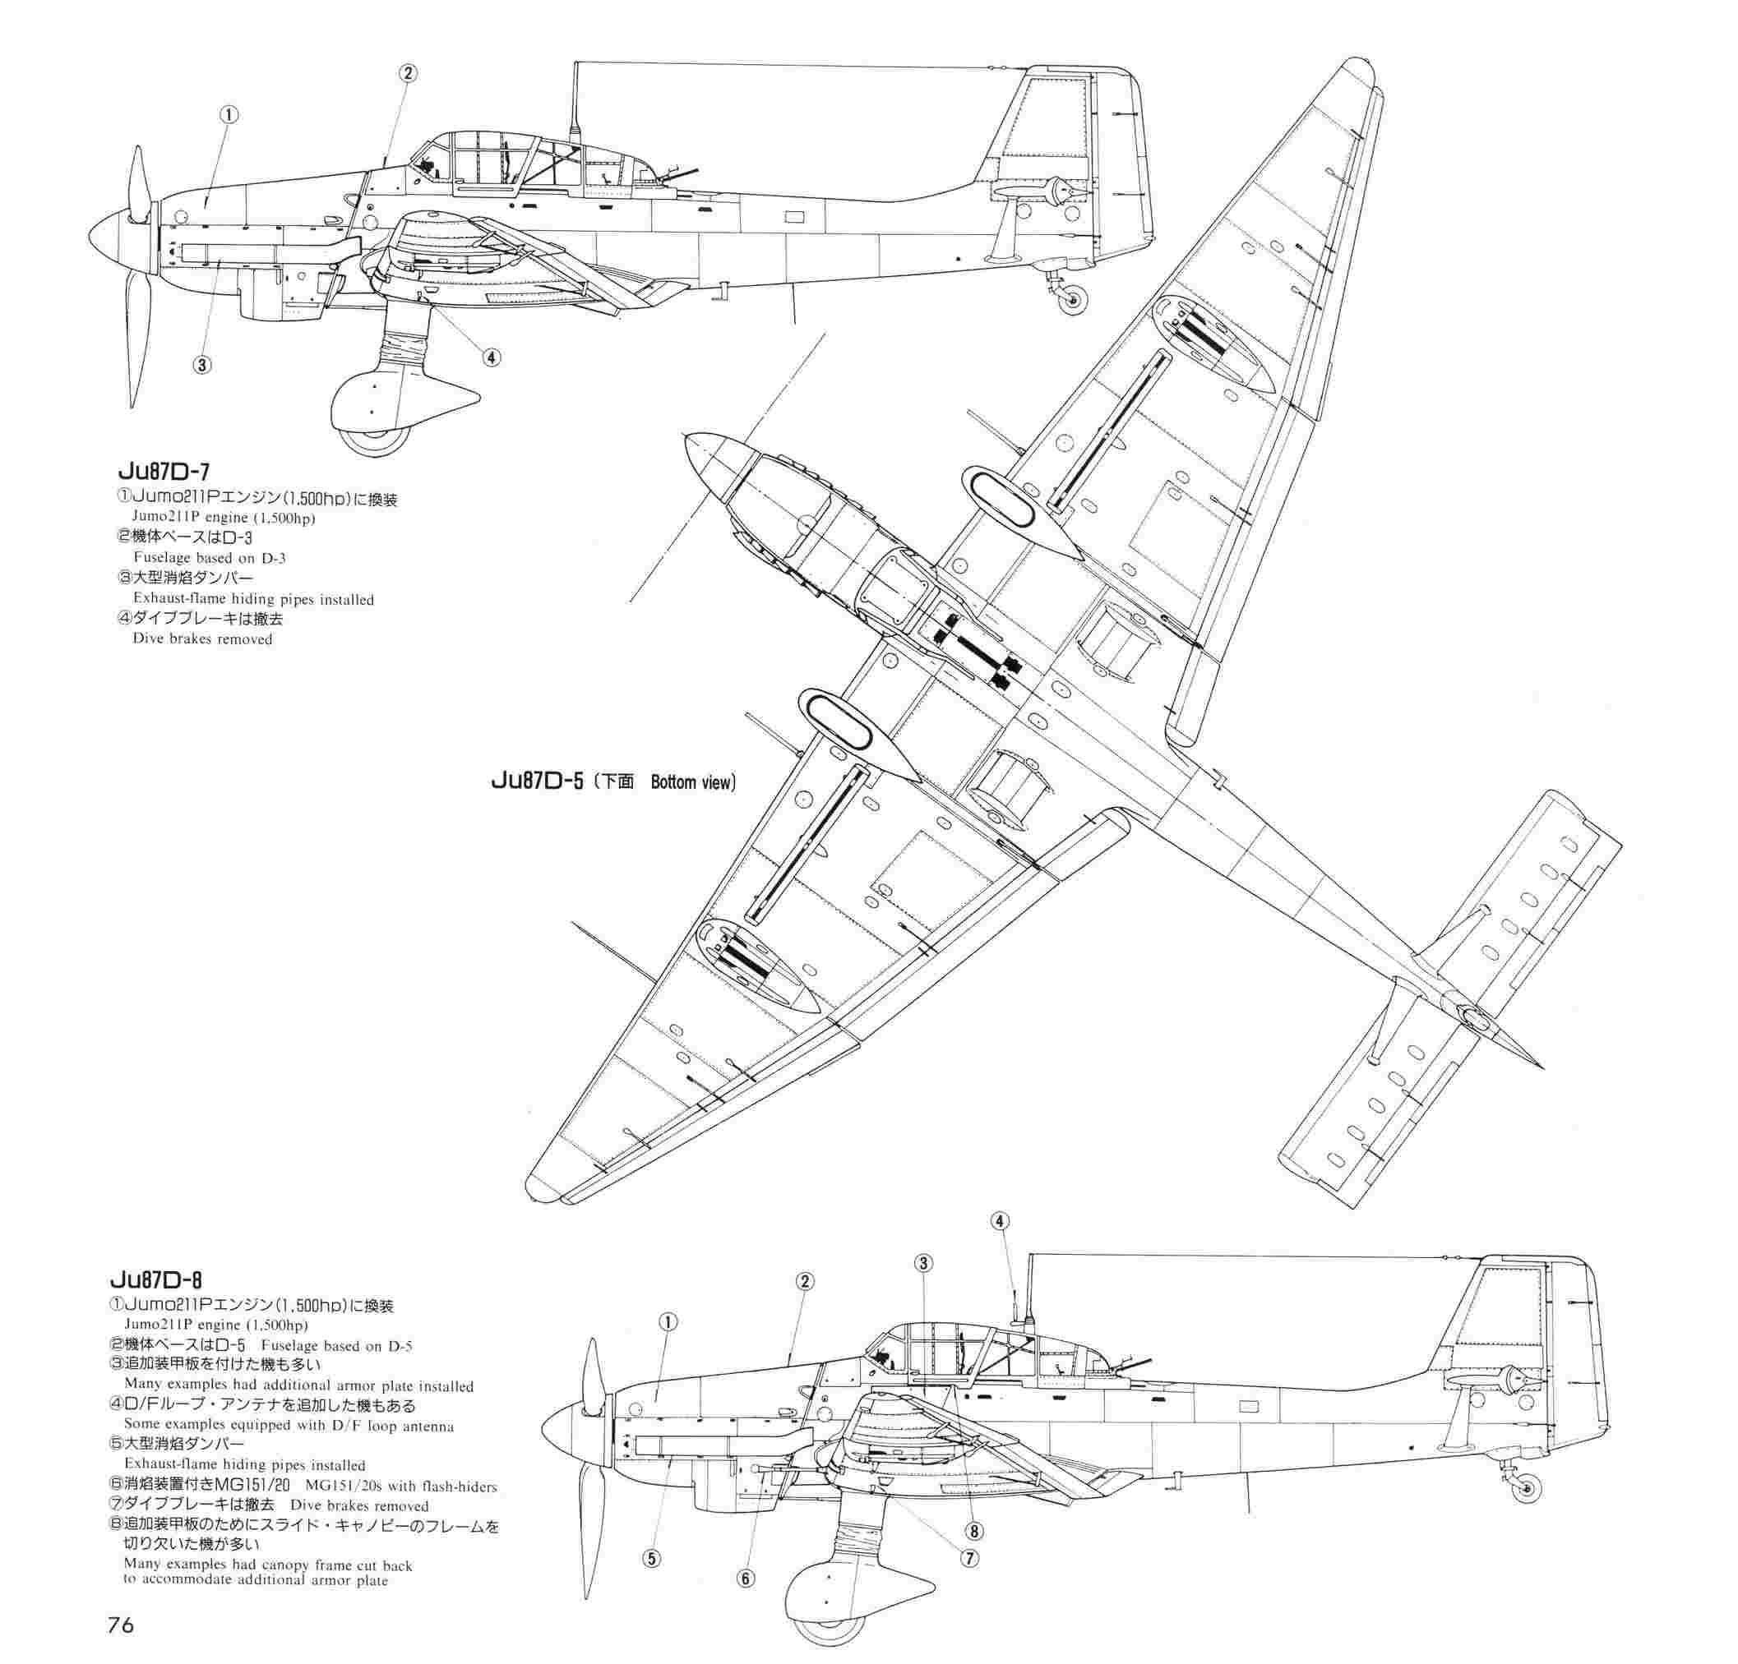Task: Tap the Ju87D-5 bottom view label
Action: tap(612, 782)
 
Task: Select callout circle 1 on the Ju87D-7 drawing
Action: tap(229, 114)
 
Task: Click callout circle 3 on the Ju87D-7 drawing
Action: tap(203, 364)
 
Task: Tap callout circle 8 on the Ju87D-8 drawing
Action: tap(974, 1530)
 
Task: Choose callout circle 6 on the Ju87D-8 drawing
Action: tap(746, 1579)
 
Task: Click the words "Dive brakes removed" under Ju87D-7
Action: tap(202, 638)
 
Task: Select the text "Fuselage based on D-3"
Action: tap(210, 558)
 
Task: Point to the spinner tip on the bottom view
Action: tap(688, 436)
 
